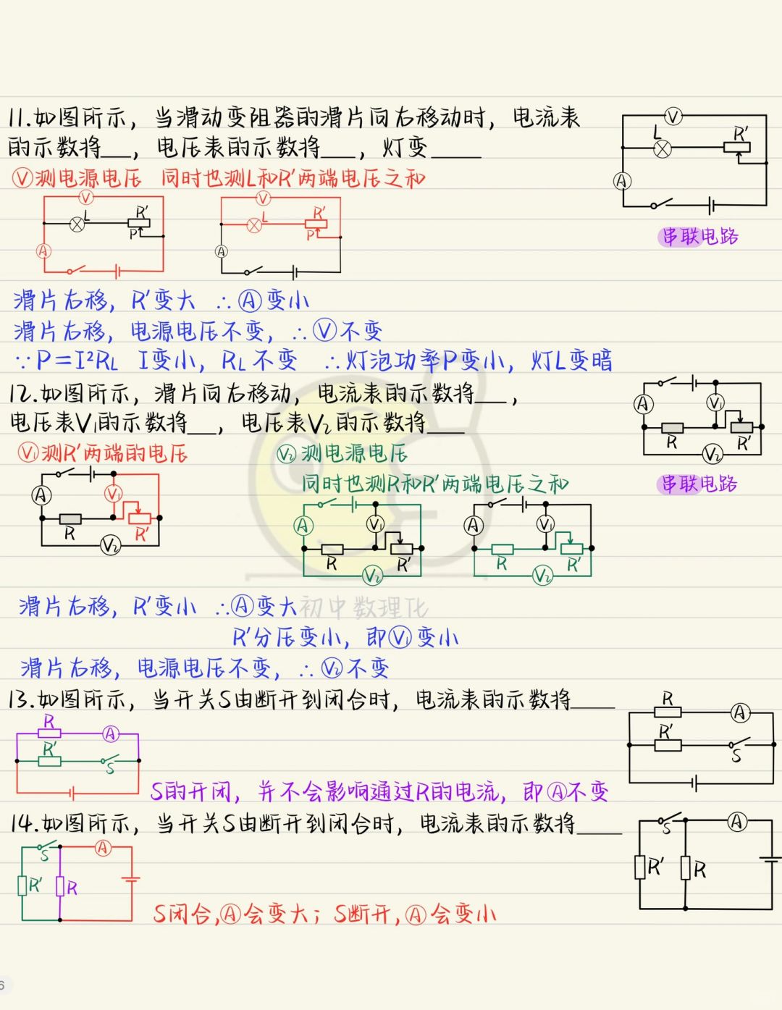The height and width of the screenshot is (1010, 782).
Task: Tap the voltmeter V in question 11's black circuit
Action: [673, 117]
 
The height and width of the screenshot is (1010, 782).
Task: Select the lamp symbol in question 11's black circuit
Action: [662, 149]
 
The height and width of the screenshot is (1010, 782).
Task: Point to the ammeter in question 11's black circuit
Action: [623, 181]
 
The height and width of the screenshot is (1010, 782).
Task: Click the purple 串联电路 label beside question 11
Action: [699, 237]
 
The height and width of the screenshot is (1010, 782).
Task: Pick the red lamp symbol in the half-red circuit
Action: [254, 225]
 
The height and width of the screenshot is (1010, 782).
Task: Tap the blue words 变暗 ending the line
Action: [590, 360]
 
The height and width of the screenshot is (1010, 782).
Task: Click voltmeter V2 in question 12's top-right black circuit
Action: [712, 454]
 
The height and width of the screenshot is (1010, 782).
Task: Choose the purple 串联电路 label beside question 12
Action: [699, 484]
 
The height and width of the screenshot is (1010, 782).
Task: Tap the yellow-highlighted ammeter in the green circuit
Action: [303, 526]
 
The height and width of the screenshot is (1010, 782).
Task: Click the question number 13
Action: [20, 699]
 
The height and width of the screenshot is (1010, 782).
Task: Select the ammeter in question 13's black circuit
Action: [739, 712]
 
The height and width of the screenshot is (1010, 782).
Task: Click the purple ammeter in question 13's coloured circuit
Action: [110, 734]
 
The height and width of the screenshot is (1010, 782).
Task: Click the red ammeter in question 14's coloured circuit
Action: [103, 848]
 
